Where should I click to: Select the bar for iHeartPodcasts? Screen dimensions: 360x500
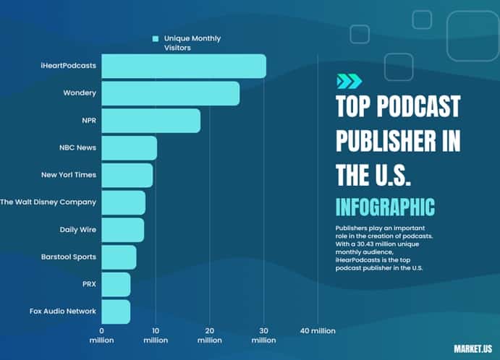tap(184, 66)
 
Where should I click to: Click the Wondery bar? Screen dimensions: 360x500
tap(170, 93)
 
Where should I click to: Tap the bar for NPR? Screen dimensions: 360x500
tap(151, 121)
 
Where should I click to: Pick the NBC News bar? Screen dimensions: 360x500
tap(129, 147)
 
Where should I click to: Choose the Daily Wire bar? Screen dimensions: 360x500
tap(122, 230)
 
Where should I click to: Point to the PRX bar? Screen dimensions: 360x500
tap(116, 284)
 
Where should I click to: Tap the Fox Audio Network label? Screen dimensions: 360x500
tap(63, 311)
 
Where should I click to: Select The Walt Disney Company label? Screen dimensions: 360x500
tap(48, 202)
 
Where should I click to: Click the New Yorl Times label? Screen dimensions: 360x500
tap(69, 174)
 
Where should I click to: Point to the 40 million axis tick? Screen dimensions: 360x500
tap(318, 330)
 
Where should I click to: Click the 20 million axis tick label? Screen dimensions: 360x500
tap(210, 335)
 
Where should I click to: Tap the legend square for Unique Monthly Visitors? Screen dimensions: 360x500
tap(155, 38)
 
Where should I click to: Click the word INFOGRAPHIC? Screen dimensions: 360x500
tap(386, 206)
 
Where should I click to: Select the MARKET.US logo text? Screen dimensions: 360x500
tap(472, 348)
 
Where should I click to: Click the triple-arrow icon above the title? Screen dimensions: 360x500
tap(349, 81)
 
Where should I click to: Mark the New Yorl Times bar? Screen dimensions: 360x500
tap(127, 175)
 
